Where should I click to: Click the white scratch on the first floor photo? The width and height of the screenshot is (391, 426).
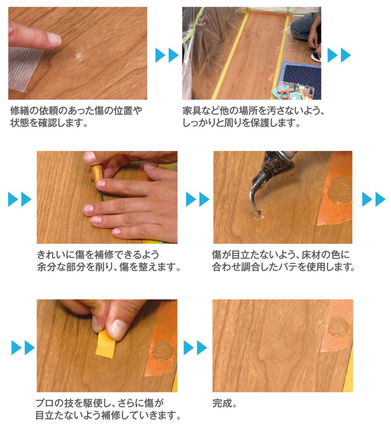point(79,57)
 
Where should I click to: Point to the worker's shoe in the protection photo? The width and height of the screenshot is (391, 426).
point(316,57)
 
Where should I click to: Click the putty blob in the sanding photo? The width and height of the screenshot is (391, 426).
point(163,350)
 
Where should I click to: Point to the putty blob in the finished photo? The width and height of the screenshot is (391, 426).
point(339,326)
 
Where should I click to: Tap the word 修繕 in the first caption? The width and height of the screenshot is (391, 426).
point(19,111)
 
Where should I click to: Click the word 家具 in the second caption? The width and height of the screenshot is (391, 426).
point(192,111)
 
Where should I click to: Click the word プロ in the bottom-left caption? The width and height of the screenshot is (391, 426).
point(45,403)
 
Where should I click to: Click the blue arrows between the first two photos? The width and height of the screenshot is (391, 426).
point(167,55)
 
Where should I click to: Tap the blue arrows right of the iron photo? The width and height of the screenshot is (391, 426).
point(374,199)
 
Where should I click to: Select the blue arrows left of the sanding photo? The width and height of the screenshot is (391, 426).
point(23,347)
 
